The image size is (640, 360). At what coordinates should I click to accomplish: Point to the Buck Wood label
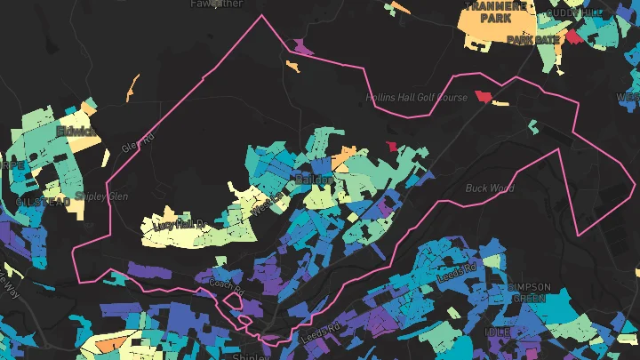tap(490, 188)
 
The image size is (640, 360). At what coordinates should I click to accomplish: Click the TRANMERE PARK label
tap(498, 12)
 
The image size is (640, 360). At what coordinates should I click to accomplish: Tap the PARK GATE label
tap(533, 40)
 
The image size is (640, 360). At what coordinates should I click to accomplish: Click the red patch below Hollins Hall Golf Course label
tap(483, 95)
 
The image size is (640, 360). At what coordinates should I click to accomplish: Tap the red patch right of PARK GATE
tap(573, 37)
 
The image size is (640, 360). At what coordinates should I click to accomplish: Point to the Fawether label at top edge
tap(216, 4)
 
